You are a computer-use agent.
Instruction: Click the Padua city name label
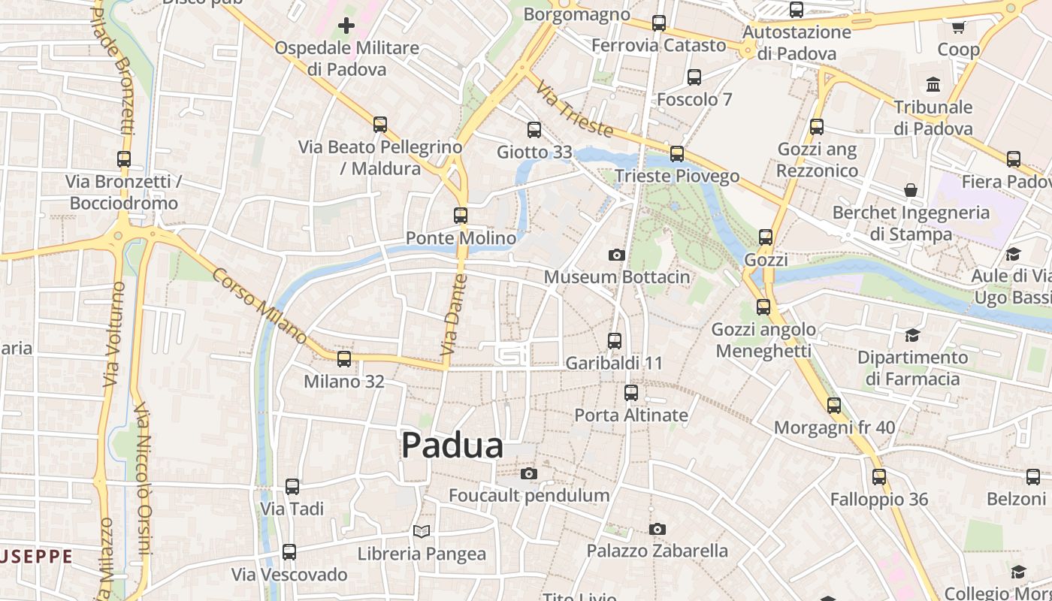point(452,445)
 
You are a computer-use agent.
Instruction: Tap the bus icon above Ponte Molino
point(461,216)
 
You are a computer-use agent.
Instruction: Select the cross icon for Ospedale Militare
point(346,26)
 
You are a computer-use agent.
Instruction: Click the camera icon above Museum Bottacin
point(616,255)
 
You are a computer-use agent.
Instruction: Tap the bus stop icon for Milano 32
point(344,359)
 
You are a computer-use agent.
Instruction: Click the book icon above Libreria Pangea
point(422,532)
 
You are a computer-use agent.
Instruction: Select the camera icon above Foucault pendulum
point(529,473)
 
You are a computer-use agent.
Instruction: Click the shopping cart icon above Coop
point(958,28)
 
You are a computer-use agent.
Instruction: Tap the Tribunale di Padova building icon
point(933,84)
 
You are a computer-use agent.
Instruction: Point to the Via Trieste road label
point(574,110)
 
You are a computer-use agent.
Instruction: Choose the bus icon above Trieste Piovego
point(677,154)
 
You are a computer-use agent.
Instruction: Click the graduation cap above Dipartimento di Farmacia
point(912,335)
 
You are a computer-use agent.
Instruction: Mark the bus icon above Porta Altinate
point(631,393)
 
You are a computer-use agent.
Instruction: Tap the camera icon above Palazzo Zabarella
point(657,529)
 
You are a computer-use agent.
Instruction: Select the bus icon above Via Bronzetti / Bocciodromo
point(124,159)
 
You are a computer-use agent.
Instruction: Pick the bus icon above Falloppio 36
point(879,477)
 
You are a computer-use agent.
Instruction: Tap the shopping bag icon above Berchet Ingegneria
point(911,190)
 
